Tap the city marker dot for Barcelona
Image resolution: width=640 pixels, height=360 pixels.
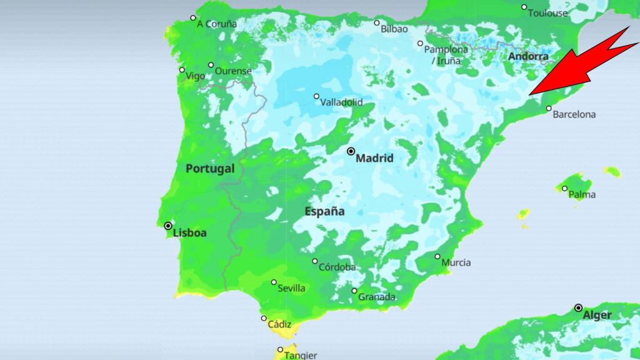click(549, 108)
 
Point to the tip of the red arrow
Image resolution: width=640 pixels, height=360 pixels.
click(529, 95)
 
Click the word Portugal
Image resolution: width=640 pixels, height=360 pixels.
click(210, 169)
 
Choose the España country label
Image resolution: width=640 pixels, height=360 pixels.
click(324, 211)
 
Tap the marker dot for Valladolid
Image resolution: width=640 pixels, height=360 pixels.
click(316, 96)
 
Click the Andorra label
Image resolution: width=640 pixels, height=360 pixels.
click(528, 56)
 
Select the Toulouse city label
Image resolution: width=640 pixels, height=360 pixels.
click(547, 13)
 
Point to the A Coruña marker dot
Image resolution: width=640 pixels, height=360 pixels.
click(193, 17)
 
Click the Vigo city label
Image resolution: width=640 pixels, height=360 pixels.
click(195, 76)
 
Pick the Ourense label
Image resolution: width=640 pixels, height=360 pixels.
click(233, 71)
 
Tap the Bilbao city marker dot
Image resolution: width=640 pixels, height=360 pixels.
click(377, 23)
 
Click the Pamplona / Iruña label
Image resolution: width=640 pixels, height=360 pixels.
click(446, 55)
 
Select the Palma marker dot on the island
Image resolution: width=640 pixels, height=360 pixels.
click(564, 188)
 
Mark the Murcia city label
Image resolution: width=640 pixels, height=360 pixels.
click(456, 262)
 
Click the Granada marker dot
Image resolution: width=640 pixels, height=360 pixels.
click(354, 291)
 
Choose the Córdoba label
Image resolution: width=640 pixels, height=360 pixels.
click(337, 267)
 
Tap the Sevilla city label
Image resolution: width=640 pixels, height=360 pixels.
click(292, 288)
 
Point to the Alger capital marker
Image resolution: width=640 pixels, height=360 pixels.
click(579, 307)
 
